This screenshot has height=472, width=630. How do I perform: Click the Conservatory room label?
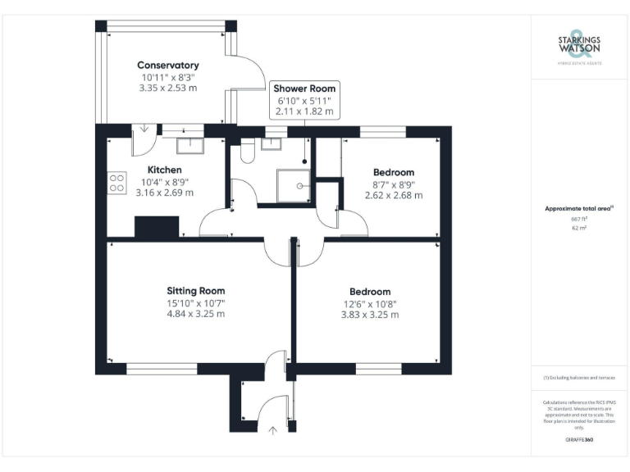167,66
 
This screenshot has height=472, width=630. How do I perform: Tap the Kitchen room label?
164,170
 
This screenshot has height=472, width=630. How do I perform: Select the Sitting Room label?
195,291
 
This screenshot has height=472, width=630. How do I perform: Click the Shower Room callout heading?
304,88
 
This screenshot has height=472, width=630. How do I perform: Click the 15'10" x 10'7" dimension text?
195,302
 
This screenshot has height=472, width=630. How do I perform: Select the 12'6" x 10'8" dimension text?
369,303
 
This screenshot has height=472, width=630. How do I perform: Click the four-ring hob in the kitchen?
116,182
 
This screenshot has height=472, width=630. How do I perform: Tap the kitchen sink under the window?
190,145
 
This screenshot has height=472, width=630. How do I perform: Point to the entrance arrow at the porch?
272,429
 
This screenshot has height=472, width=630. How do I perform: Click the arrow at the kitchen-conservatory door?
144,128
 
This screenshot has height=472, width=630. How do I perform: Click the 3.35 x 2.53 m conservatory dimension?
167,88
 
